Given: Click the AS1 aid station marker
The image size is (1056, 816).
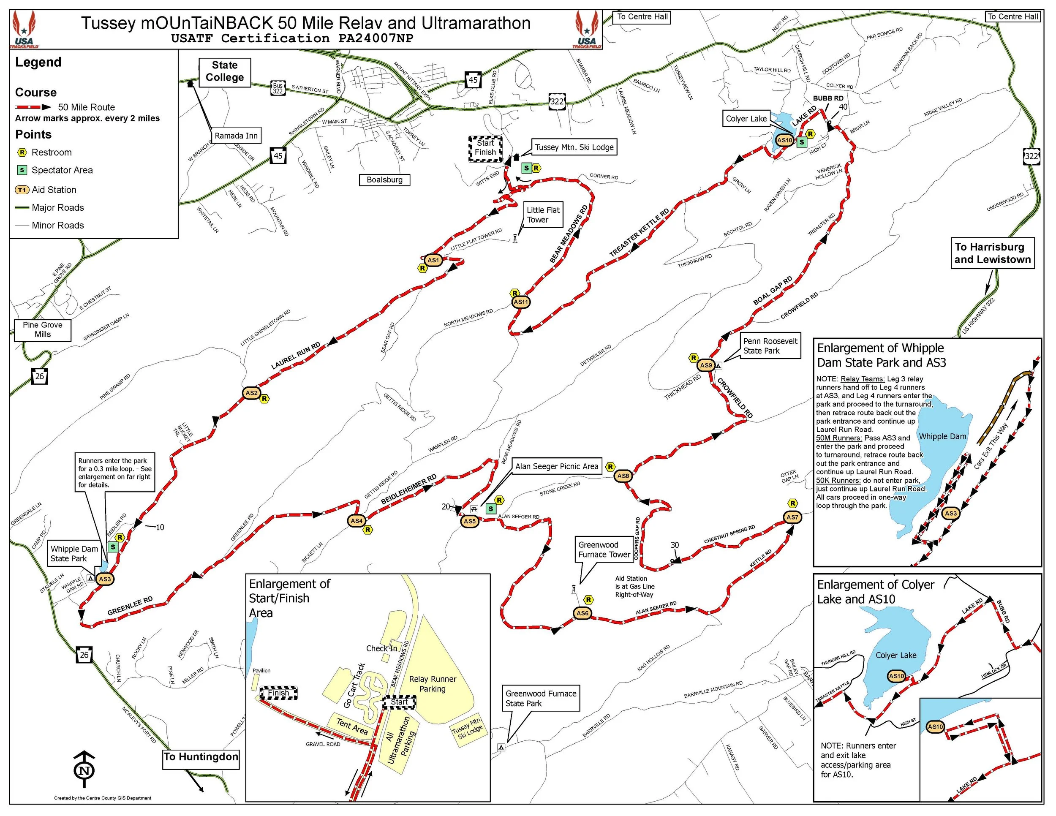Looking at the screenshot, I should coord(433,260).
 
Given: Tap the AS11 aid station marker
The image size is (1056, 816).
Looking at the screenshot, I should coord(521,302).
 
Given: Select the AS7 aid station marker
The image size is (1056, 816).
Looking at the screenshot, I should coord(792,517).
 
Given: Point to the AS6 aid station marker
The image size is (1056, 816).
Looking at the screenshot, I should coord(582,613).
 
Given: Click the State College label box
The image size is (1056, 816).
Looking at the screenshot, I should coord(224,71).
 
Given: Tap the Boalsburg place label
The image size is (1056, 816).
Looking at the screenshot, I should coord(384,180).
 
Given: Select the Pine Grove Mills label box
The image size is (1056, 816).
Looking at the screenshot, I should coord(43,330).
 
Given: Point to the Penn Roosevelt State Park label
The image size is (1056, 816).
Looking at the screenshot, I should coord(770,345).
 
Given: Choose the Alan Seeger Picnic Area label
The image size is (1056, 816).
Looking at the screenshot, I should coord(557,466).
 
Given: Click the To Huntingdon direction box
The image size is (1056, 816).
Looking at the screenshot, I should coord(201,757).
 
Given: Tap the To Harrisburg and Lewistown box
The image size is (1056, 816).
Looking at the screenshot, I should coord(993,253).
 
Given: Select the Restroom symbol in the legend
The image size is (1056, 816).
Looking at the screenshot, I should coord(22,153).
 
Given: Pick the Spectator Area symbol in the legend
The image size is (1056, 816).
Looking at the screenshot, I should coord(22,170).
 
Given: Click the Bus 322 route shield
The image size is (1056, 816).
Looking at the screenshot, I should coord(278,88).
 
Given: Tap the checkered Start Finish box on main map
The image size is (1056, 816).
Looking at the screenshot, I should coord(485,148).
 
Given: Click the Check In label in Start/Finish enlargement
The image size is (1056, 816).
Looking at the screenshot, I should coord(381,648).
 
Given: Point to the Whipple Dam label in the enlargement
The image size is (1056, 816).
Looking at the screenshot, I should coord(942,437).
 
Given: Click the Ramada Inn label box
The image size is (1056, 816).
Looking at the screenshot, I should coord(236,136).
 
